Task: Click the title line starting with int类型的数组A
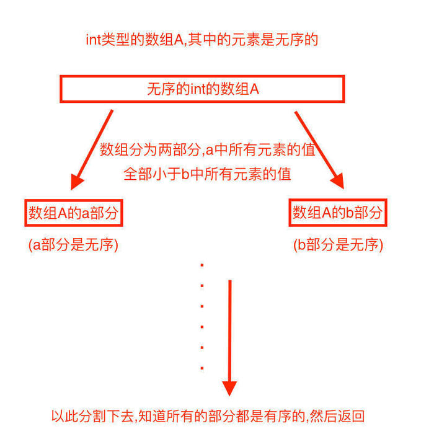click(x=202, y=40)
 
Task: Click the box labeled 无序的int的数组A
click(x=202, y=89)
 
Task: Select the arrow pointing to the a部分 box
click(x=94, y=148)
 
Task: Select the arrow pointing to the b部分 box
click(x=319, y=148)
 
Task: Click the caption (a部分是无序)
click(x=73, y=245)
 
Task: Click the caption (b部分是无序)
click(x=338, y=245)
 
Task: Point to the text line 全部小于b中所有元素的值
click(x=208, y=174)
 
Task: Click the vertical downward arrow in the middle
click(x=230, y=335)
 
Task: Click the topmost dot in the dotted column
click(x=202, y=265)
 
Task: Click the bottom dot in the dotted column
click(x=202, y=368)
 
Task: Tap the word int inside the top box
click(x=198, y=89)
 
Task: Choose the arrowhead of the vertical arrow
click(x=230, y=387)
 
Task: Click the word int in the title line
click(x=93, y=40)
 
